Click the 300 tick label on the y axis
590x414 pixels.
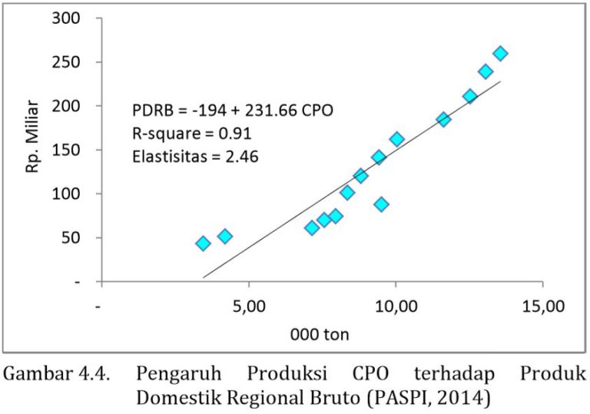pyautogui.click(x=66, y=18)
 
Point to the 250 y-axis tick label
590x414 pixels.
pyautogui.click(x=66, y=62)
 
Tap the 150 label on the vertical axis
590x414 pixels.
pyautogui.click(x=66, y=150)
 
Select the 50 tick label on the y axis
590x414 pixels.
pyautogui.click(x=71, y=238)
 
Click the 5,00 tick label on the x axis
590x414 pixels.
pyautogui.click(x=249, y=306)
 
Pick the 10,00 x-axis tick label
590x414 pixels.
pyautogui.click(x=396, y=306)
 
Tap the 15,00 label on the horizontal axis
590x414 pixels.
pyautogui.click(x=542, y=306)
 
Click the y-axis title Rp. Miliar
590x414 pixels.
pyautogui.click(x=32, y=136)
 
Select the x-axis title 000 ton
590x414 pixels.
pyautogui.click(x=320, y=334)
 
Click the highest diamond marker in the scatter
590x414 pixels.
pyautogui.click(x=500, y=54)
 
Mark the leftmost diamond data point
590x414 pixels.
pyautogui.click(x=203, y=243)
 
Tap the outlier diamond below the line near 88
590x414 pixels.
pyautogui.click(x=381, y=204)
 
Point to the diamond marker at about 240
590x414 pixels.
pyautogui.click(x=486, y=71)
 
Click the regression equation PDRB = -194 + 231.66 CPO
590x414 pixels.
pyautogui.click(x=233, y=111)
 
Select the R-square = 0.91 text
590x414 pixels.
pyautogui.click(x=191, y=134)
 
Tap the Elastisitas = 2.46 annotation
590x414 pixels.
pyautogui.click(x=195, y=157)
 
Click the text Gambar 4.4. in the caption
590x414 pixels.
pyautogui.click(x=56, y=374)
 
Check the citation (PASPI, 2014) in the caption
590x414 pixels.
pyautogui.click(x=428, y=398)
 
